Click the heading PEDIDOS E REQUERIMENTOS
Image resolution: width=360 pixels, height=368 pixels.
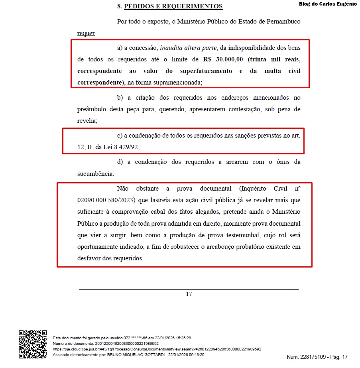click(x=173, y=6)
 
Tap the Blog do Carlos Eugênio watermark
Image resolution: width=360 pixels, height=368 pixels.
click(x=328, y=4)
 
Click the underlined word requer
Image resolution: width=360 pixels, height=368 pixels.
click(x=86, y=33)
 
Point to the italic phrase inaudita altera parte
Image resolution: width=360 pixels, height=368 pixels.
click(x=188, y=48)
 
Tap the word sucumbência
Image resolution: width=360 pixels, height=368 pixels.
click(x=96, y=174)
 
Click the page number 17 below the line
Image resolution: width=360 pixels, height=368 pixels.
click(x=189, y=294)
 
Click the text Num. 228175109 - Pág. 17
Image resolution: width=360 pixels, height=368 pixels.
click(x=317, y=357)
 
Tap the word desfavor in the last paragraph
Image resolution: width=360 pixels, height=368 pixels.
click(x=89, y=258)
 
